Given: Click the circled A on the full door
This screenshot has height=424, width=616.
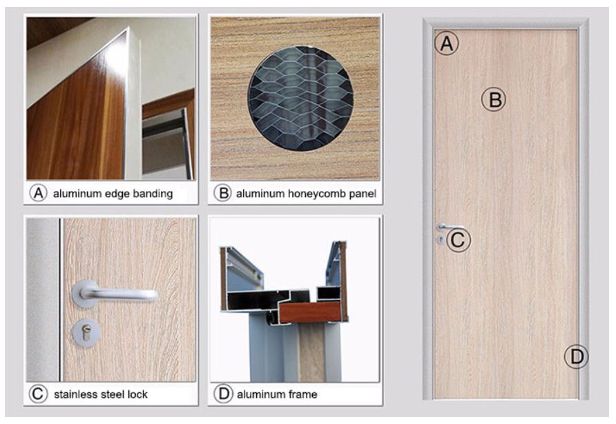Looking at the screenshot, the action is (x=447, y=43).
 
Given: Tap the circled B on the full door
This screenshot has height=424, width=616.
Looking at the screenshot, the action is (x=494, y=99).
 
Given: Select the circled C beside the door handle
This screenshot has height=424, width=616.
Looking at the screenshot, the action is (x=458, y=240).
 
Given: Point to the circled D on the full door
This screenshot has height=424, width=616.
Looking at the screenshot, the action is (x=577, y=357).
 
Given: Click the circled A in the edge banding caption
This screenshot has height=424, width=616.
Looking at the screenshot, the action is (x=39, y=193).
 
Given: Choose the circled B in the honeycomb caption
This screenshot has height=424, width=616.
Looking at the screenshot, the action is (x=223, y=193).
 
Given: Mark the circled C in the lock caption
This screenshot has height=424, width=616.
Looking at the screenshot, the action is (x=39, y=394).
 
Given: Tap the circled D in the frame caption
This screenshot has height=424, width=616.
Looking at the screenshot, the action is (x=223, y=394).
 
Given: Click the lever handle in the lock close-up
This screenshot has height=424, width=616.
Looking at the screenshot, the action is (x=115, y=294).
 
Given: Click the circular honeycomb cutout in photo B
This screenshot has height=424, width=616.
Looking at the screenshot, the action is (x=300, y=99).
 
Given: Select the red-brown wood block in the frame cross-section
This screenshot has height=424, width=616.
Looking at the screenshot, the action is (x=309, y=312).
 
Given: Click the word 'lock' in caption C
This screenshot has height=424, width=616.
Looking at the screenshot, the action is (x=137, y=394).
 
